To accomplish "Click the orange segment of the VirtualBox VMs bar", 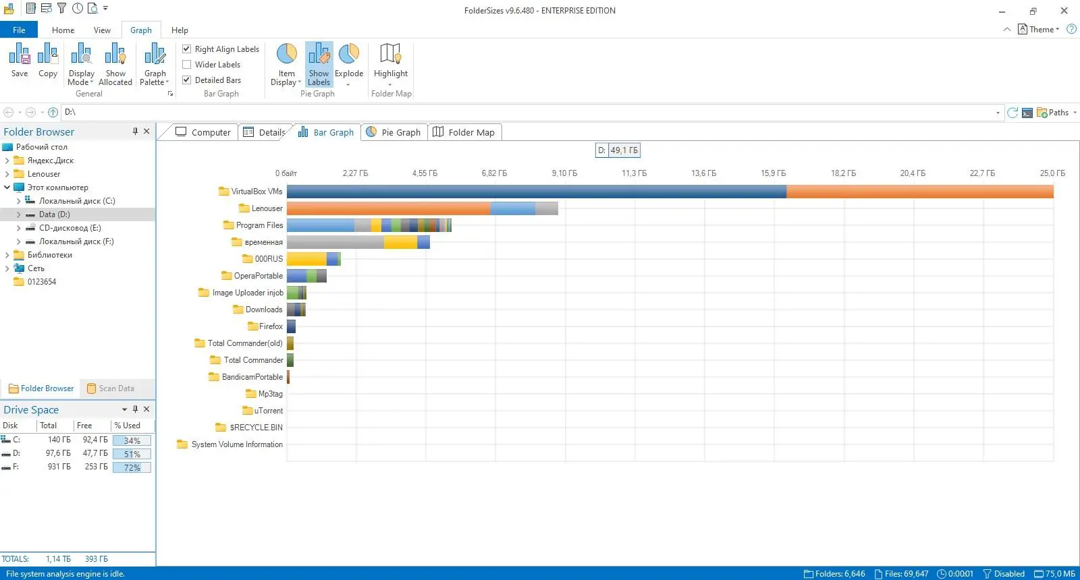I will [x=919, y=192].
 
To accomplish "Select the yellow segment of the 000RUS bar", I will [x=306, y=259].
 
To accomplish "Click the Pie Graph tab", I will [x=394, y=132].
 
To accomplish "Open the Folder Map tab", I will [x=464, y=132].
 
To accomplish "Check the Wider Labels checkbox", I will [x=187, y=65].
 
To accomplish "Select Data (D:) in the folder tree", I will [x=54, y=214].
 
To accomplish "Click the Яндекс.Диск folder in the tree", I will [x=50, y=161].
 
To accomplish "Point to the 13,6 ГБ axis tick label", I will [x=703, y=173].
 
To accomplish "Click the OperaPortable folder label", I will [x=258, y=276].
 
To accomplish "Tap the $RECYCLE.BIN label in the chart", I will [x=256, y=428].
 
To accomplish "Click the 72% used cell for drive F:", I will [x=132, y=467].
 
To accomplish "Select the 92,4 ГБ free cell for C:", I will [x=94, y=440].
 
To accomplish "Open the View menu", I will [x=102, y=30].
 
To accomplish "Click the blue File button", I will [x=19, y=30].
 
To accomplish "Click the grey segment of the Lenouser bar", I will [x=546, y=208].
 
